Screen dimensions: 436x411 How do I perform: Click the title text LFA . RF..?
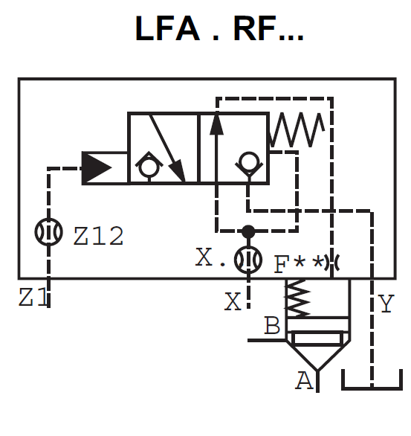coord(219,29)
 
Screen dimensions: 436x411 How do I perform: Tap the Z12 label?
coord(99,236)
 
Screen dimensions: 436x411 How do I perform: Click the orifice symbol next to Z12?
coord(49,232)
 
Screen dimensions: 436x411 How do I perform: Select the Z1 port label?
coord(33,298)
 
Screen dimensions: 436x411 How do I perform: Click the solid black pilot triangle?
coord(97,167)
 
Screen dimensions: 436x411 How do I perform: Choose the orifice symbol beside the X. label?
coord(247,260)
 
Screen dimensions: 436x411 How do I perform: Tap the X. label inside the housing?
coord(211,257)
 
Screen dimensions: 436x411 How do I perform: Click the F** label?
coord(300,263)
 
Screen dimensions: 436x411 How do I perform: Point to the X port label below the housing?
coord(233,301)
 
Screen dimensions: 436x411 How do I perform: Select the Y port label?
coord(386,304)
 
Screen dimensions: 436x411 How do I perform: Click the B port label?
coord(272,326)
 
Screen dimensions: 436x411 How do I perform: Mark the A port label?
coord(304,381)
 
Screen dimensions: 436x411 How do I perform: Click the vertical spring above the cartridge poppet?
coord(297,298)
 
